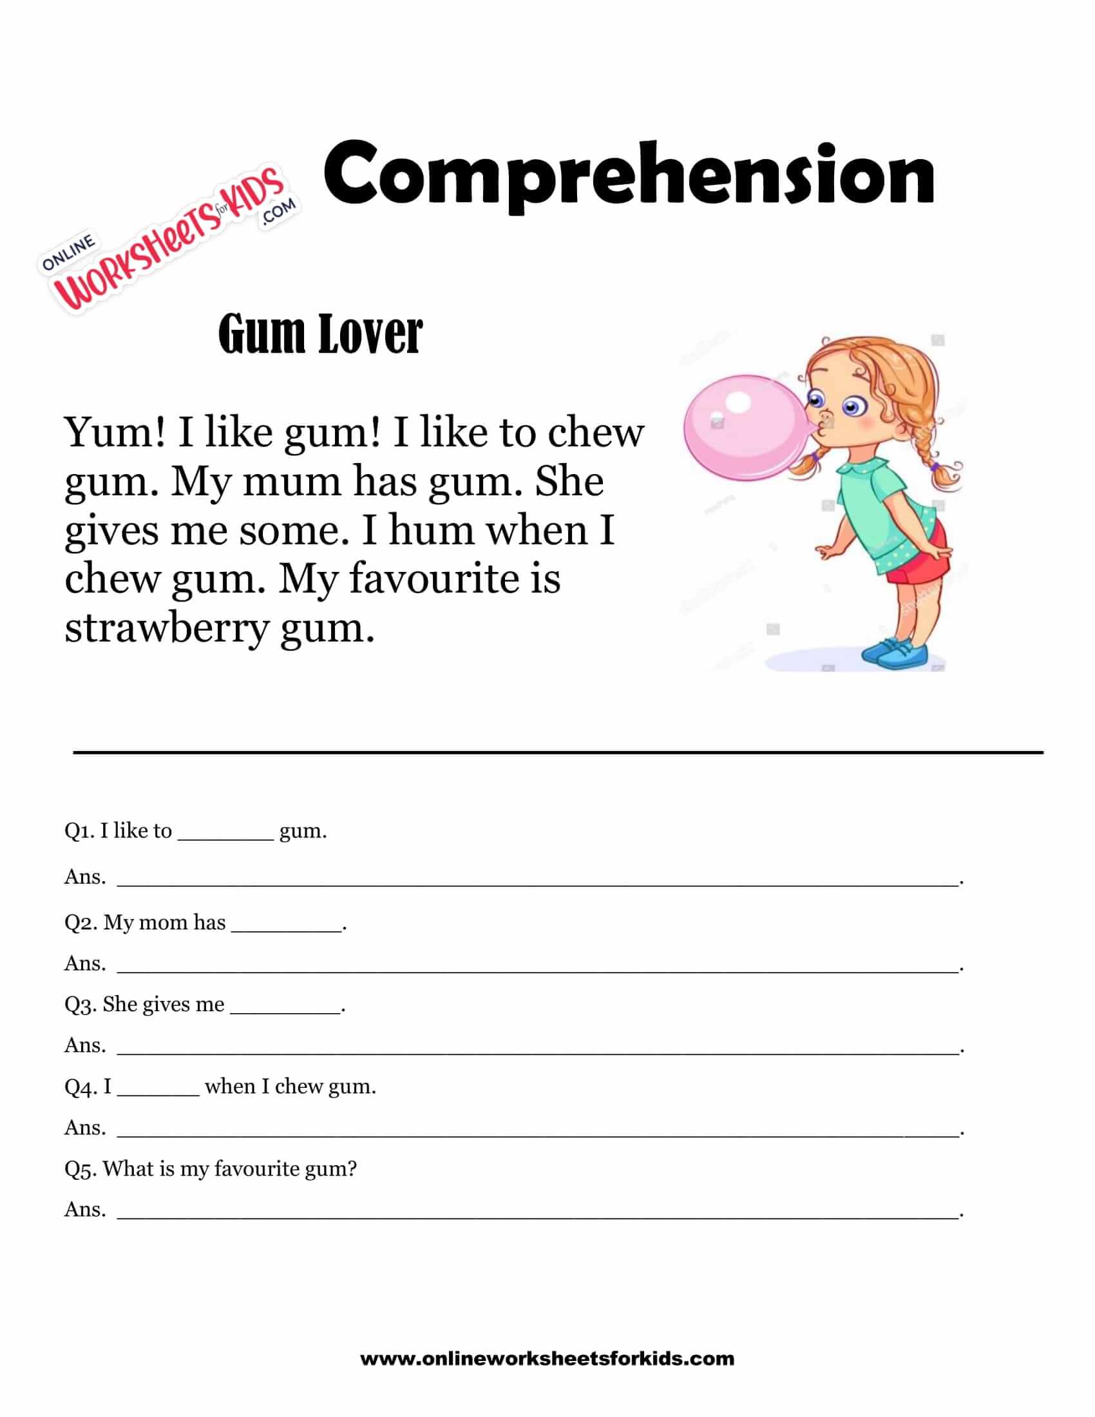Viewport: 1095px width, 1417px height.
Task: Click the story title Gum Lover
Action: click(x=321, y=334)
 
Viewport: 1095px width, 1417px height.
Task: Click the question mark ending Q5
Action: click(x=352, y=1168)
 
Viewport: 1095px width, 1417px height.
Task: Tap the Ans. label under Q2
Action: click(x=85, y=964)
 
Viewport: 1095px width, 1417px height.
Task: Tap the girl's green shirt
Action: click(x=882, y=506)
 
